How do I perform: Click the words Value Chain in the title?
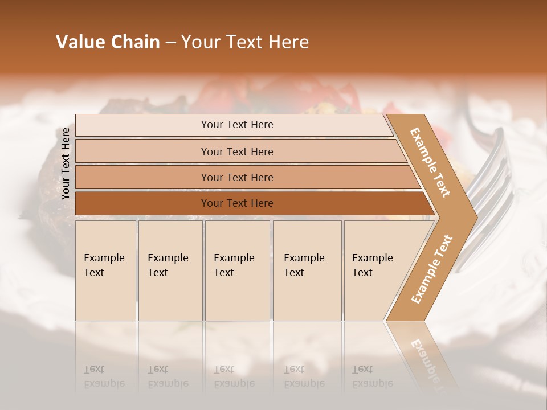pyautogui.click(x=108, y=42)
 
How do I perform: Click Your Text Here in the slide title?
pyautogui.click(x=245, y=42)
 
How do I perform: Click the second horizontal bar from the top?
pyautogui.click(x=237, y=151)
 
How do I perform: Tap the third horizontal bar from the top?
pyautogui.click(x=237, y=177)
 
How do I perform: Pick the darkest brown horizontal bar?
pyautogui.click(x=237, y=203)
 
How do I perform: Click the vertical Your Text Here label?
pyautogui.click(x=66, y=164)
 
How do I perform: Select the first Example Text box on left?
pyautogui.click(x=105, y=270)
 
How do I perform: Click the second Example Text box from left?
pyautogui.click(x=170, y=270)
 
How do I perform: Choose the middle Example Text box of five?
pyautogui.click(x=237, y=270)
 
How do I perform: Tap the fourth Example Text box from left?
pyautogui.click(x=307, y=270)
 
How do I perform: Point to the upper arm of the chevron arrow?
pyautogui.click(x=430, y=162)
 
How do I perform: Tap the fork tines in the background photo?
pyautogui.click(x=493, y=171)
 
